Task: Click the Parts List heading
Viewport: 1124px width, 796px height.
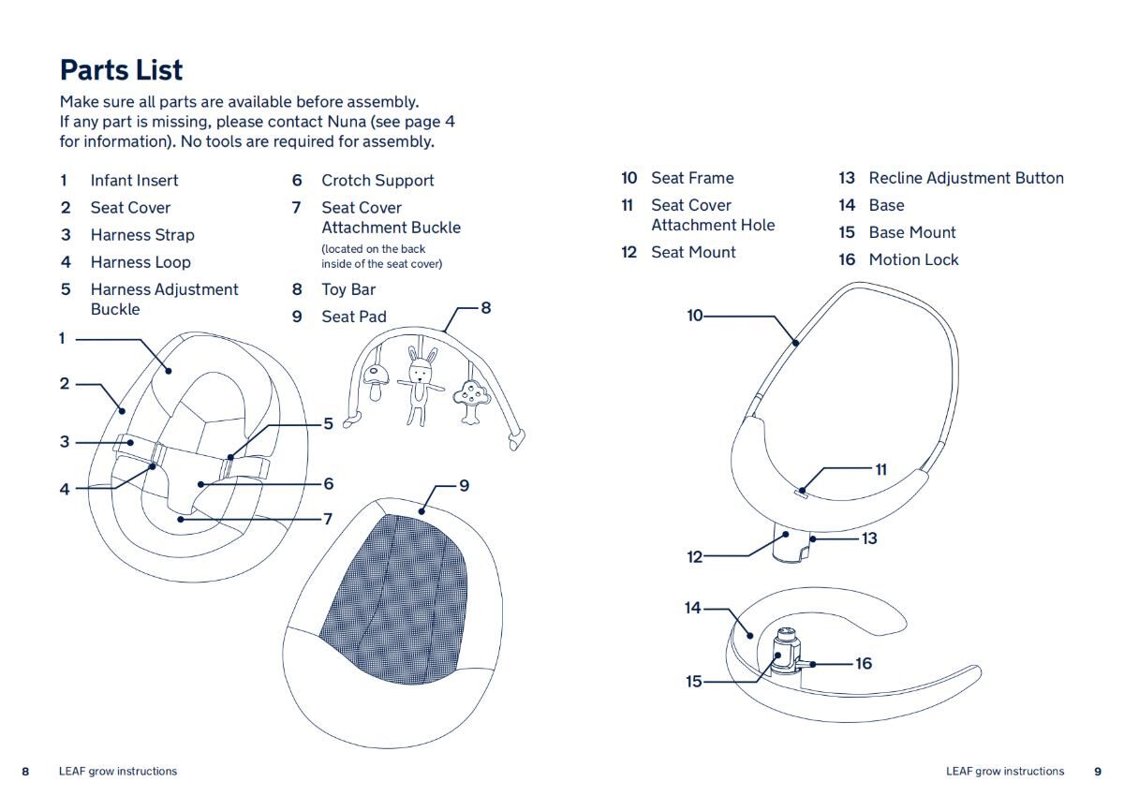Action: pyautogui.click(x=121, y=70)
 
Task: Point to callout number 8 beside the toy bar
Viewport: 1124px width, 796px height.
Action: pyautogui.click(x=485, y=307)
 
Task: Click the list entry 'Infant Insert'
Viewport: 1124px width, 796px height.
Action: pyautogui.click(x=134, y=181)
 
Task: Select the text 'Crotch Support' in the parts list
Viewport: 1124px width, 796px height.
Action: pyautogui.click(x=377, y=181)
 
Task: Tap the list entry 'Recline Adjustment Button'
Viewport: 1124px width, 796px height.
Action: pyautogui.click(x=966, y=178)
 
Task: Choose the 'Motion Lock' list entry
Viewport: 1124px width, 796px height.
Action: pyautogui.click(x=913, y=260)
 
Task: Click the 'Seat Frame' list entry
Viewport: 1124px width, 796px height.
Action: pyautogui.click(x=692, y=178)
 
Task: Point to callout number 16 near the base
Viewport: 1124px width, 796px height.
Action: pyautogui.click(x=863, y=663)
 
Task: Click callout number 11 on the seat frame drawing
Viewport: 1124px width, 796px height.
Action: pyautogui.click(x=880, y=469)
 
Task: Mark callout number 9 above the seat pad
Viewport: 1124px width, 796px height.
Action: pyautogui.click(x=464, y=485)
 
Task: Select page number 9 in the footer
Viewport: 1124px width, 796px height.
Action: pyautogui.click(x=1098, y=772)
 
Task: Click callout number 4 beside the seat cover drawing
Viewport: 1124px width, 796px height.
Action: pyautogui.click(x=66, y=488)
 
